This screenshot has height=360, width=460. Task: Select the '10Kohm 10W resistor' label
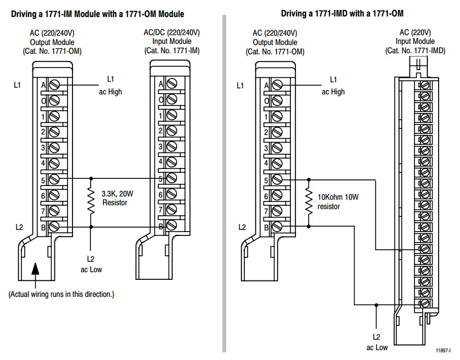[x=335, y=202]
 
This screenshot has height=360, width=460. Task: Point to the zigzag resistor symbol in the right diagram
[x=309, y=201]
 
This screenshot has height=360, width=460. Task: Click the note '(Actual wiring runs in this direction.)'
[x=61, y=294]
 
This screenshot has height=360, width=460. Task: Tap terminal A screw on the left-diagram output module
[x=54, y=85]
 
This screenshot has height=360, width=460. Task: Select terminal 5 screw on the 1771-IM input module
[x=172, y=178]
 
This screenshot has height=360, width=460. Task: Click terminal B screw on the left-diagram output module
[x=54, y=226]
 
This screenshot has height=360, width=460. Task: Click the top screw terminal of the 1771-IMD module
[x=424, y=85]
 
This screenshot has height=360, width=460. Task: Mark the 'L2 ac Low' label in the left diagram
[x=91, y=264]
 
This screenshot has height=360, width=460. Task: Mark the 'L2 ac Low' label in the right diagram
[x=376, y=342]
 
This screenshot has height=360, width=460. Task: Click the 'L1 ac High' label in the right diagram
[x=333, y=86]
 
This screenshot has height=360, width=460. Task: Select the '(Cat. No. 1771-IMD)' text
[x=416, y=50]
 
